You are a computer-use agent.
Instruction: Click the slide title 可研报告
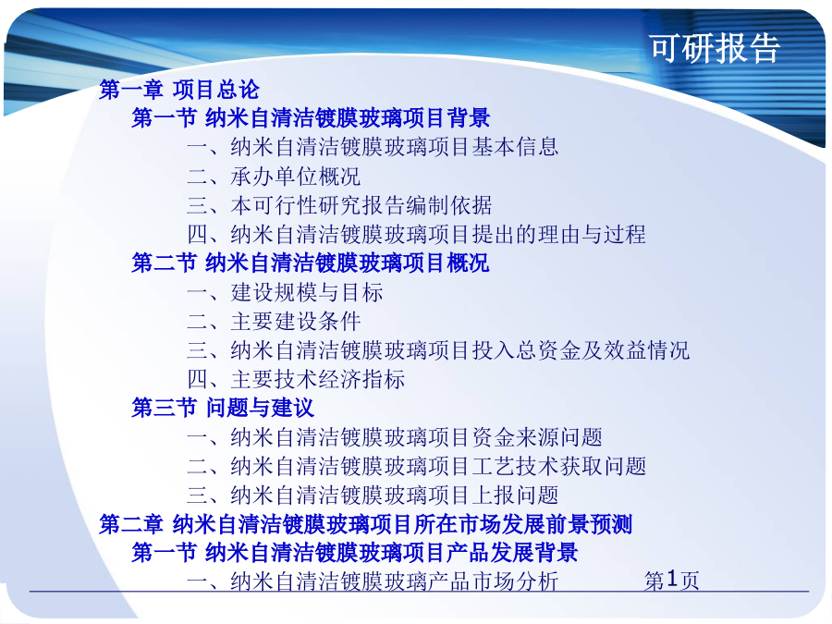[715, 48]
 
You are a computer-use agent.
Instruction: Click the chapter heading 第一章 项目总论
[179, 89]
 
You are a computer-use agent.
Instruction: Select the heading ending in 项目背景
[311, 117]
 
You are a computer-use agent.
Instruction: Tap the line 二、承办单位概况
[274, 177]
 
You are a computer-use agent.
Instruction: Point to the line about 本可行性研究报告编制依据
[339, 205]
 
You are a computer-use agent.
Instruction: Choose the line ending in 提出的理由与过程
[417, 234]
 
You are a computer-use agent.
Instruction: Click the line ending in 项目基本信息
[373, 147]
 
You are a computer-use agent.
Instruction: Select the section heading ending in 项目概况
[311, 263]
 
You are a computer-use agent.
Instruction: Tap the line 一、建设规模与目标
[285, 292]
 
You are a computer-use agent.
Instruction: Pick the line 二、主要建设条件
[274, 321]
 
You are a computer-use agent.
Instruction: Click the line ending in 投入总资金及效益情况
[438, 350]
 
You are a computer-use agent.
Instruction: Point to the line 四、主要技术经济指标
[296, 379]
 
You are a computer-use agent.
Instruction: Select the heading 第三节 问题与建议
[223, 408]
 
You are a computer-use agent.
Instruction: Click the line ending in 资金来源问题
[395, 437]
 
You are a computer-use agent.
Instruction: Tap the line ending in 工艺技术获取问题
[417, 467]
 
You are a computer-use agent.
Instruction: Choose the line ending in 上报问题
[373, 496]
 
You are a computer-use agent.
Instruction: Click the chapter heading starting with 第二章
[365, 524]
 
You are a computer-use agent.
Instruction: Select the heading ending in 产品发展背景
[354, 553]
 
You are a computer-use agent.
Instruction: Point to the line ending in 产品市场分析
[373, 581]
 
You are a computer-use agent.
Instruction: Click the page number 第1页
[672, 580]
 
